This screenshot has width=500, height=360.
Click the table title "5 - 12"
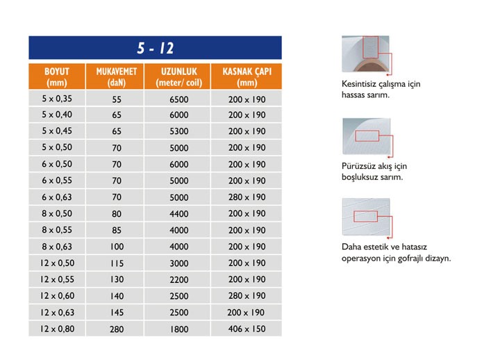click(156, 48)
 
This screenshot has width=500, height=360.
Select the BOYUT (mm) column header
click(57, 77)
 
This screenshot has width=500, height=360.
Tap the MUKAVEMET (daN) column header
click(116, 77)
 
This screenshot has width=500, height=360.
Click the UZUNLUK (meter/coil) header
click(178, 77)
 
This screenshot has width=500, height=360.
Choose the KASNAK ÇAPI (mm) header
click(247, 77)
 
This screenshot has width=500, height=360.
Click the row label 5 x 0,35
click(57, 99)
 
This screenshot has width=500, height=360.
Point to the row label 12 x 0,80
click(57, 329)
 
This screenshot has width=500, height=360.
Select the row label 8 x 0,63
click(57, 247)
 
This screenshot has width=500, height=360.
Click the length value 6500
click(178, 99)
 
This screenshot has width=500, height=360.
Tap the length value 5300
click(178, 131)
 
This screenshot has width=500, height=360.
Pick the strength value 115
click(116, 263)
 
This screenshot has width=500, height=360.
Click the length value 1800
click(178, 329)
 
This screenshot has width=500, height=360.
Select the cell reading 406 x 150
click(247, 329)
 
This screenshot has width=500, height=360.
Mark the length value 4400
click(178, 214)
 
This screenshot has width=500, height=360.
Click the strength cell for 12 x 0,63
click(116, 312)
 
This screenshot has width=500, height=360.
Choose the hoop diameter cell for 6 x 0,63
click(247, 197)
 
